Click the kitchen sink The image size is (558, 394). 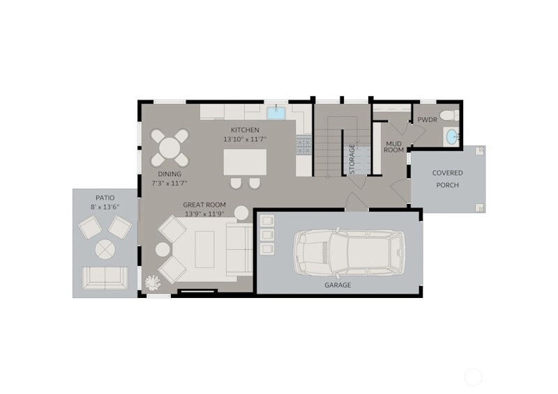point(276,113)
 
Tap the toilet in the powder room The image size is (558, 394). point(449,116)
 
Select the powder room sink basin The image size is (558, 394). point(451,136)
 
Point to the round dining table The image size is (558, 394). point(169,148)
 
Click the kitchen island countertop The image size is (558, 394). point(246,162)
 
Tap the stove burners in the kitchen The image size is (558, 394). point(303,146)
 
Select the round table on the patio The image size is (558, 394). point(105,249)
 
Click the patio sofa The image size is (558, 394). point(105,278)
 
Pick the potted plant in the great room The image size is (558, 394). point(153,283)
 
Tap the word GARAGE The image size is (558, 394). point(338,285)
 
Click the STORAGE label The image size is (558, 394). point(352,159)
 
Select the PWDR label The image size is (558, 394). point(427,120)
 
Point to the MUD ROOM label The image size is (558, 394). point(393,147)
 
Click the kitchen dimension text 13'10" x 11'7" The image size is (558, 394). point(246,139)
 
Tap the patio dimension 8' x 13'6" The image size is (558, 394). point(105,207)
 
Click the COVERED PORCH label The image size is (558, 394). point(447,179)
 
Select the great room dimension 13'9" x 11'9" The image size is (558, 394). point(204,214)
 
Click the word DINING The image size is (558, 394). point(169,174)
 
